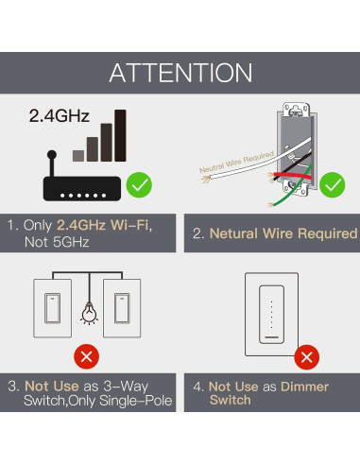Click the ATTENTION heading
(x=180, y=73)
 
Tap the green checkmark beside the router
(x=139, y=181)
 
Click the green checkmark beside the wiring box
(x=333, y=182)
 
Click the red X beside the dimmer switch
(x=306, y=357)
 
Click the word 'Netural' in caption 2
(x=235, y=232)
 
